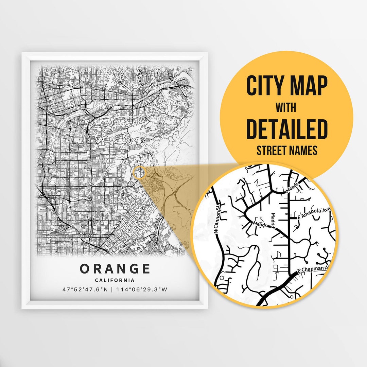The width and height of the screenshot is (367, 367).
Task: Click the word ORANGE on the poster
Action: click(115, 269)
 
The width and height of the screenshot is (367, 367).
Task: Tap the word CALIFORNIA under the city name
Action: click(115, 280)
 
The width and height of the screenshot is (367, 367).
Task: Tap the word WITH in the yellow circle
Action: click(286, 108)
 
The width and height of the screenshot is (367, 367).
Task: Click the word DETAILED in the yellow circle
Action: click(286, 129)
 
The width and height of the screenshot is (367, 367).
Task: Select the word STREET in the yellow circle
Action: click(270, 151)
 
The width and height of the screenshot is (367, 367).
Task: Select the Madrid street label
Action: click(273, 220)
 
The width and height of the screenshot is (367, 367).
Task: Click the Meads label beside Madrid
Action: click(261, 224)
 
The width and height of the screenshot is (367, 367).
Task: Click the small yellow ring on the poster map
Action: click(140, 173)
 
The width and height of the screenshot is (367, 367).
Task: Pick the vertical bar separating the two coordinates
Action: click(114, 290)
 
